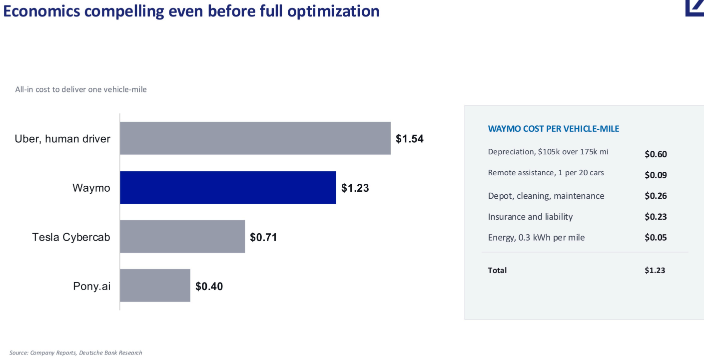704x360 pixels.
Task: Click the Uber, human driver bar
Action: [255, 138]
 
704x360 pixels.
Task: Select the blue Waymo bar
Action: [228, 188]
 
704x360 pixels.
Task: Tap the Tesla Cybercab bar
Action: [182, 237]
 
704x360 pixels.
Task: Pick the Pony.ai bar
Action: [155, 286]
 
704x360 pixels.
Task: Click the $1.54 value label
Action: [410, 138]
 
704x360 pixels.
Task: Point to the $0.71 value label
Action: [263, 237]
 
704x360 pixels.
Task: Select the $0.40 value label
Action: [209, 286]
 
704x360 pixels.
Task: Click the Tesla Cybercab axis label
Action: [71, 237]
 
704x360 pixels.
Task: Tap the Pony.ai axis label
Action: [92, 286]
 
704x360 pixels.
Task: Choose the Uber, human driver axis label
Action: [62, 138]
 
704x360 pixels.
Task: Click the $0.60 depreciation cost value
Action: [656, 154]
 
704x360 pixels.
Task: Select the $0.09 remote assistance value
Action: [656, 175]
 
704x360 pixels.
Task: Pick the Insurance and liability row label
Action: [530, 216]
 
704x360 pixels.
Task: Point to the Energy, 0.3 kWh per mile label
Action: [536, 237]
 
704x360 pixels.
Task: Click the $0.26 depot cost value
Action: [656, 196]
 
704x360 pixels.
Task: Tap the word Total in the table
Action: [497, 270]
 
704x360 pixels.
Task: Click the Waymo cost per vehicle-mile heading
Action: [554, 128]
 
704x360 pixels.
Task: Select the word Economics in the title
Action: [41, 11]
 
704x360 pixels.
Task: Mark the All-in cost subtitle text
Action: [81, 89]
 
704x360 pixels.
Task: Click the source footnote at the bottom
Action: [76, 353]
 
